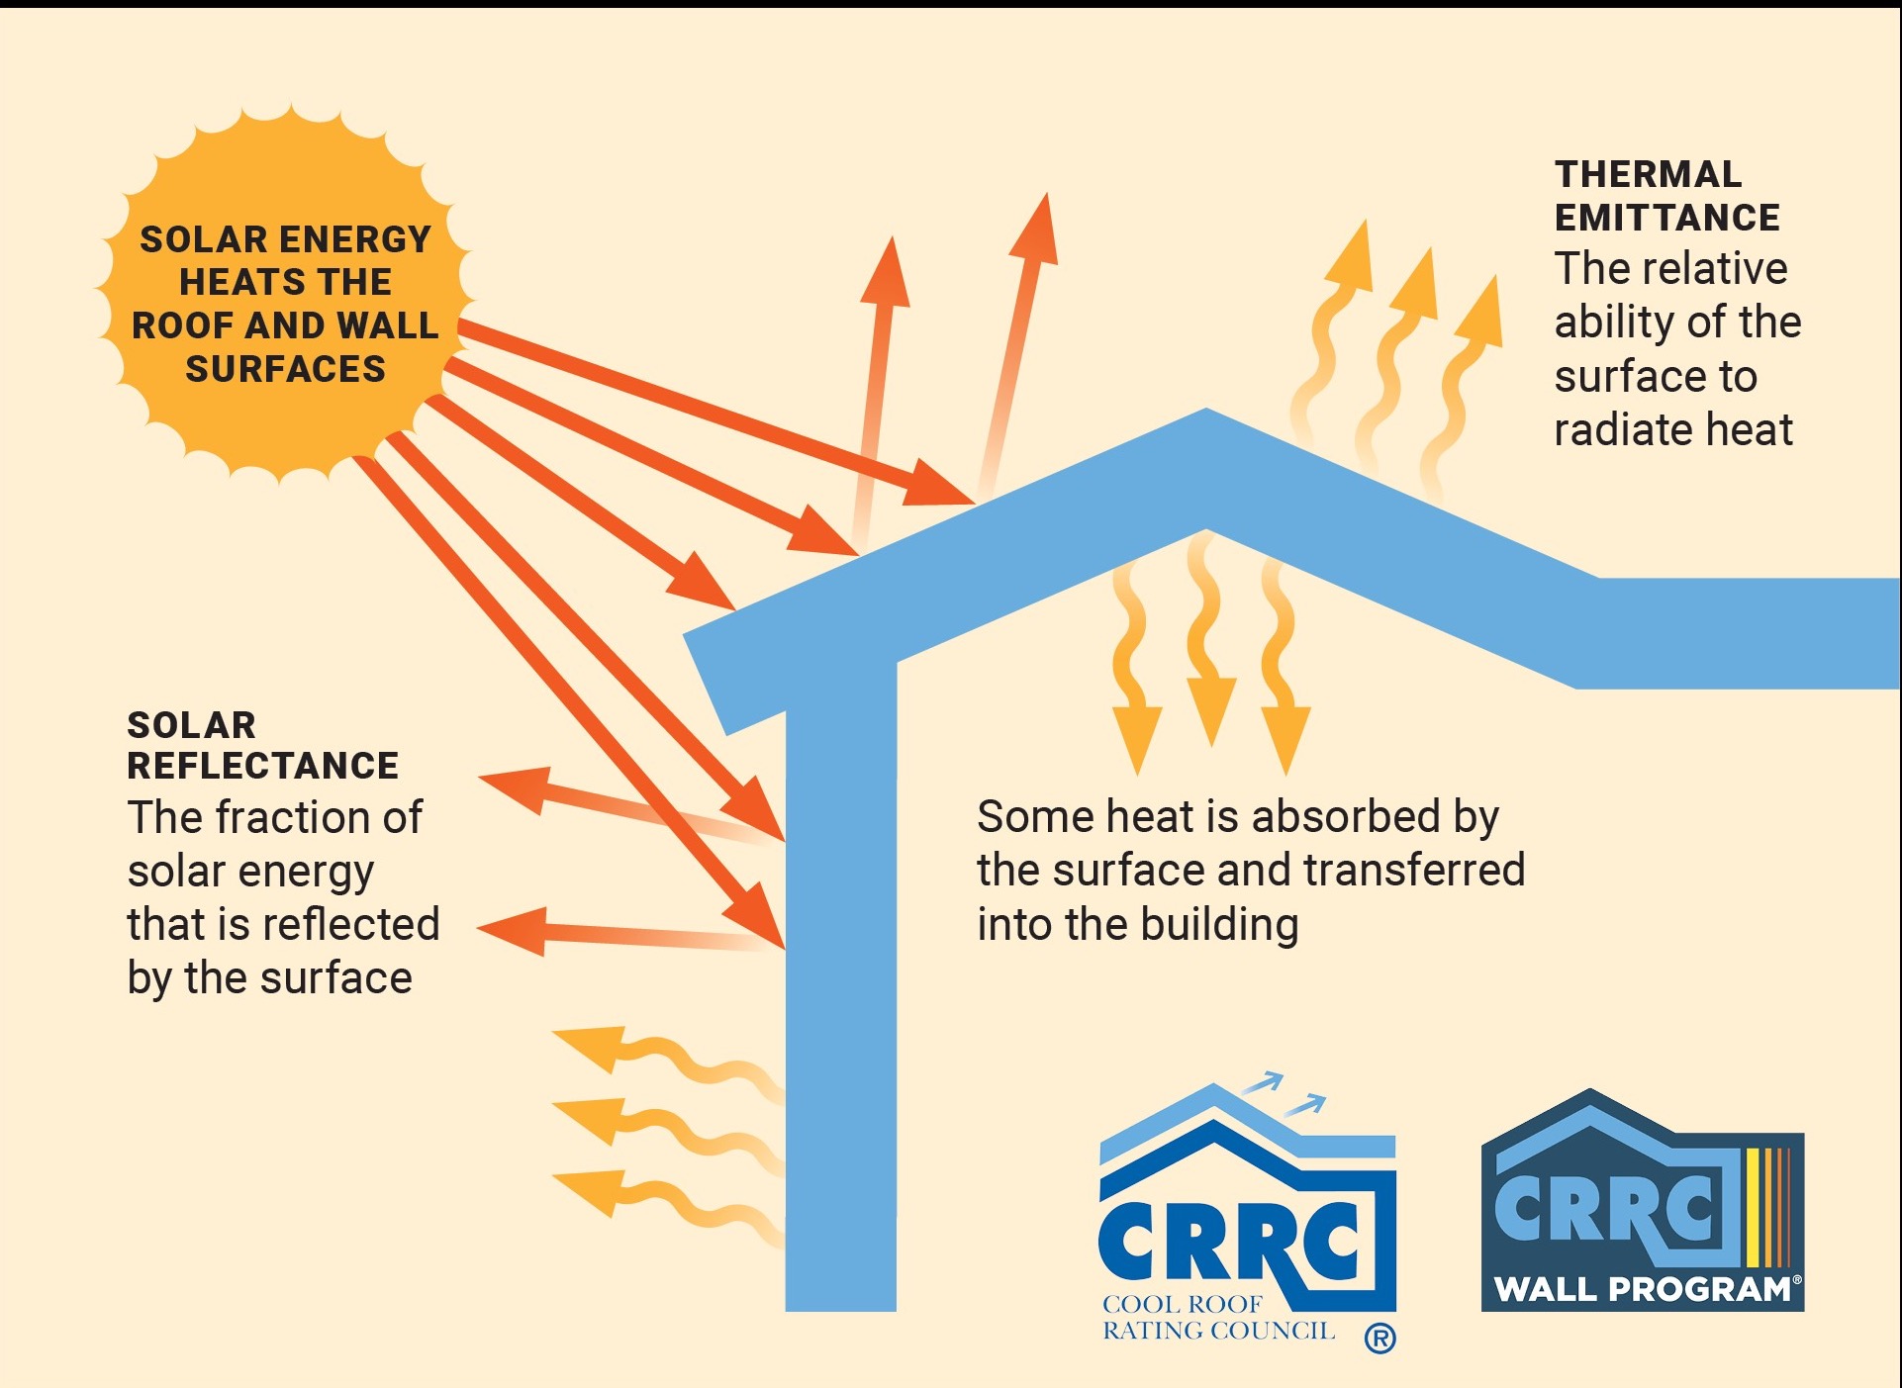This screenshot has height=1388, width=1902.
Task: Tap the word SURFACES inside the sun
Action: pyautogui.click(x=285, y=369)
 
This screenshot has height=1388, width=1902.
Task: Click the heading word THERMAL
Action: pyautogui.click(x=1648, y=174)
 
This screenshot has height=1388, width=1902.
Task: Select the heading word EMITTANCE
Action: pyautogui.click(x=1666, y=218)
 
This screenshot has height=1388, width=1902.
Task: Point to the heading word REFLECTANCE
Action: pyautogui.click(x=262, y=766)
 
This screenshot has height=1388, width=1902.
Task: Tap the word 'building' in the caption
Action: pyautogui.click(x=1219, y=926)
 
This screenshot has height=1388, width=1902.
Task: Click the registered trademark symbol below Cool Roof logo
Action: pyautogui.click(x=1379, y=1339)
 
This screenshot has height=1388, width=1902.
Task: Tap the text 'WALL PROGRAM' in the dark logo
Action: pyautogui.click(x=1642, y=1289)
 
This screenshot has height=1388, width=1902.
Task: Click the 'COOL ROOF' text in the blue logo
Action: pyautogui.click(x=1183, y=1304)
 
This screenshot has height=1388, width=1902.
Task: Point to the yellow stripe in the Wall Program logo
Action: pyautogui.click(x=1753, y=1207)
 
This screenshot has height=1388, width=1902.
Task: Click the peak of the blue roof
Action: pyautogui.click(x=1206, y=409)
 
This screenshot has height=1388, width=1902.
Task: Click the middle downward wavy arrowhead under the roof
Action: pyautogui.click(x=1210, y=710)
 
